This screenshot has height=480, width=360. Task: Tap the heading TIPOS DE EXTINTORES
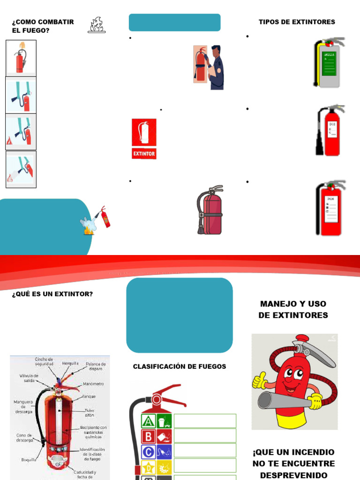(x=297, y=22)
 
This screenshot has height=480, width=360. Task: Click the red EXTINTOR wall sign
(x=144, y=139)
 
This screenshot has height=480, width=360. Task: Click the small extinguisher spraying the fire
(x=105, y=217)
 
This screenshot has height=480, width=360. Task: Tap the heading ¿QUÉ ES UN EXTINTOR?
(x=52, y=294)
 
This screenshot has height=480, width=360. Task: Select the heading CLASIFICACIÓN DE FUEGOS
(x=180, y=367)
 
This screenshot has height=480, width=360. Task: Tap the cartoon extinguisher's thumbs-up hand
(x=259, y=381)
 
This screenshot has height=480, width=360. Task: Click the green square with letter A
(x=149, y=421)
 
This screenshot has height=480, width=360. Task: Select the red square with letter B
(x=149, y=436)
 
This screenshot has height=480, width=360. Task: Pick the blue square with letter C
(x=149, y=452)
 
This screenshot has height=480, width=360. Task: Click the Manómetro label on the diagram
(x=93, y=384)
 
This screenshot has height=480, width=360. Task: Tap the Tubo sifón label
(x=89, y=412)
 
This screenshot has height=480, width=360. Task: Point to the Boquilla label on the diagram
(x=30, y=460)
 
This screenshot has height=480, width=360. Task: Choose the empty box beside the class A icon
(x=205, y=421)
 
